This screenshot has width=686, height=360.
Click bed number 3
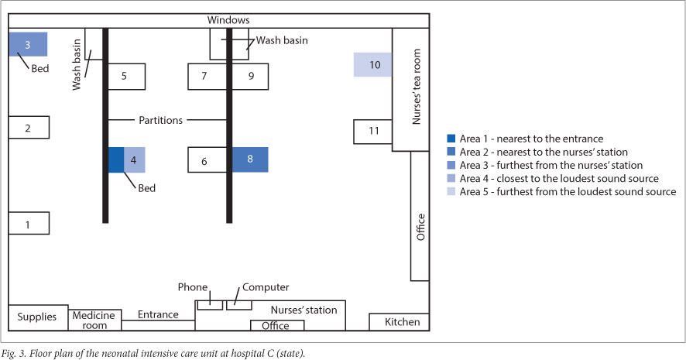pyautogui.click(x=28, y=44)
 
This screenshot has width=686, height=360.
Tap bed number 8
pyautogui.click(x=250, y=159)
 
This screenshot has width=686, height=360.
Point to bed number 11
pyautogui.click(x=373, y=131)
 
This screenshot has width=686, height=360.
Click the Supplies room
pyautogui.click(x=37, y=317)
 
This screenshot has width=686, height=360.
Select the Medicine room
pyautogui.click(x=94, y=320)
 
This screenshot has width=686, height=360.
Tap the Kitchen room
pyautogui.click(x=402, y=321)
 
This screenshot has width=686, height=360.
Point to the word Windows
pyautogui.click(x=230, y=19)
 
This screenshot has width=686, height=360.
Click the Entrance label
pyautogui.click(x=158, y=314)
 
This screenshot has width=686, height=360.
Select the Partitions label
pyautogui.click(x=162, y=120)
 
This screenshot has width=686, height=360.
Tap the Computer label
pyautogui.click(x=266, y=286)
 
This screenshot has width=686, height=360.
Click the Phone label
pyautogui.click(x=193, y=286)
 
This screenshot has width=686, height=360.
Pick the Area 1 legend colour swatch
pyautogui.click(x=452, y=139)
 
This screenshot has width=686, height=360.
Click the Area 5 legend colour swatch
pyautogui.click(x=452, y=191)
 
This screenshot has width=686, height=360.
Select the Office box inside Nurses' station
pyautogui.click(x=275, y=325)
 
